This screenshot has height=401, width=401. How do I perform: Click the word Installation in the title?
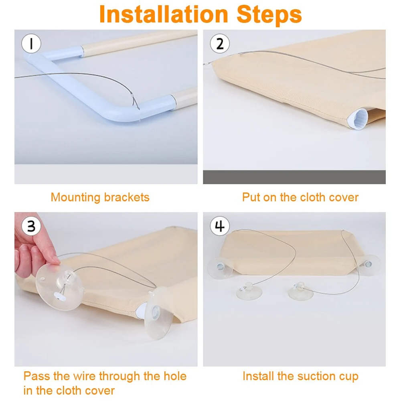(x=164, y=14)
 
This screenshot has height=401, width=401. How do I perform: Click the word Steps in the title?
(x=269, y=15)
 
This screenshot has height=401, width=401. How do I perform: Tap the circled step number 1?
(x=31, y=43)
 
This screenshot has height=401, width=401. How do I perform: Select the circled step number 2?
(x=220, y=43)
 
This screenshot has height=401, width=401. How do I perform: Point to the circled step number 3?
(x=31, y=226)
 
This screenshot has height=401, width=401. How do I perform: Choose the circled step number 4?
(x=220, y=226)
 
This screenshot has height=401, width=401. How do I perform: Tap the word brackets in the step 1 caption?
(x=127, y=197)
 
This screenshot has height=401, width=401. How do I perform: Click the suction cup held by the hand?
(x=59, y=287)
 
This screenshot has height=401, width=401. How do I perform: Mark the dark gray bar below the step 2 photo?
(x=294, y=177)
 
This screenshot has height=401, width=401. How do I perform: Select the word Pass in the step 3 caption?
(x=36, y=376)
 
